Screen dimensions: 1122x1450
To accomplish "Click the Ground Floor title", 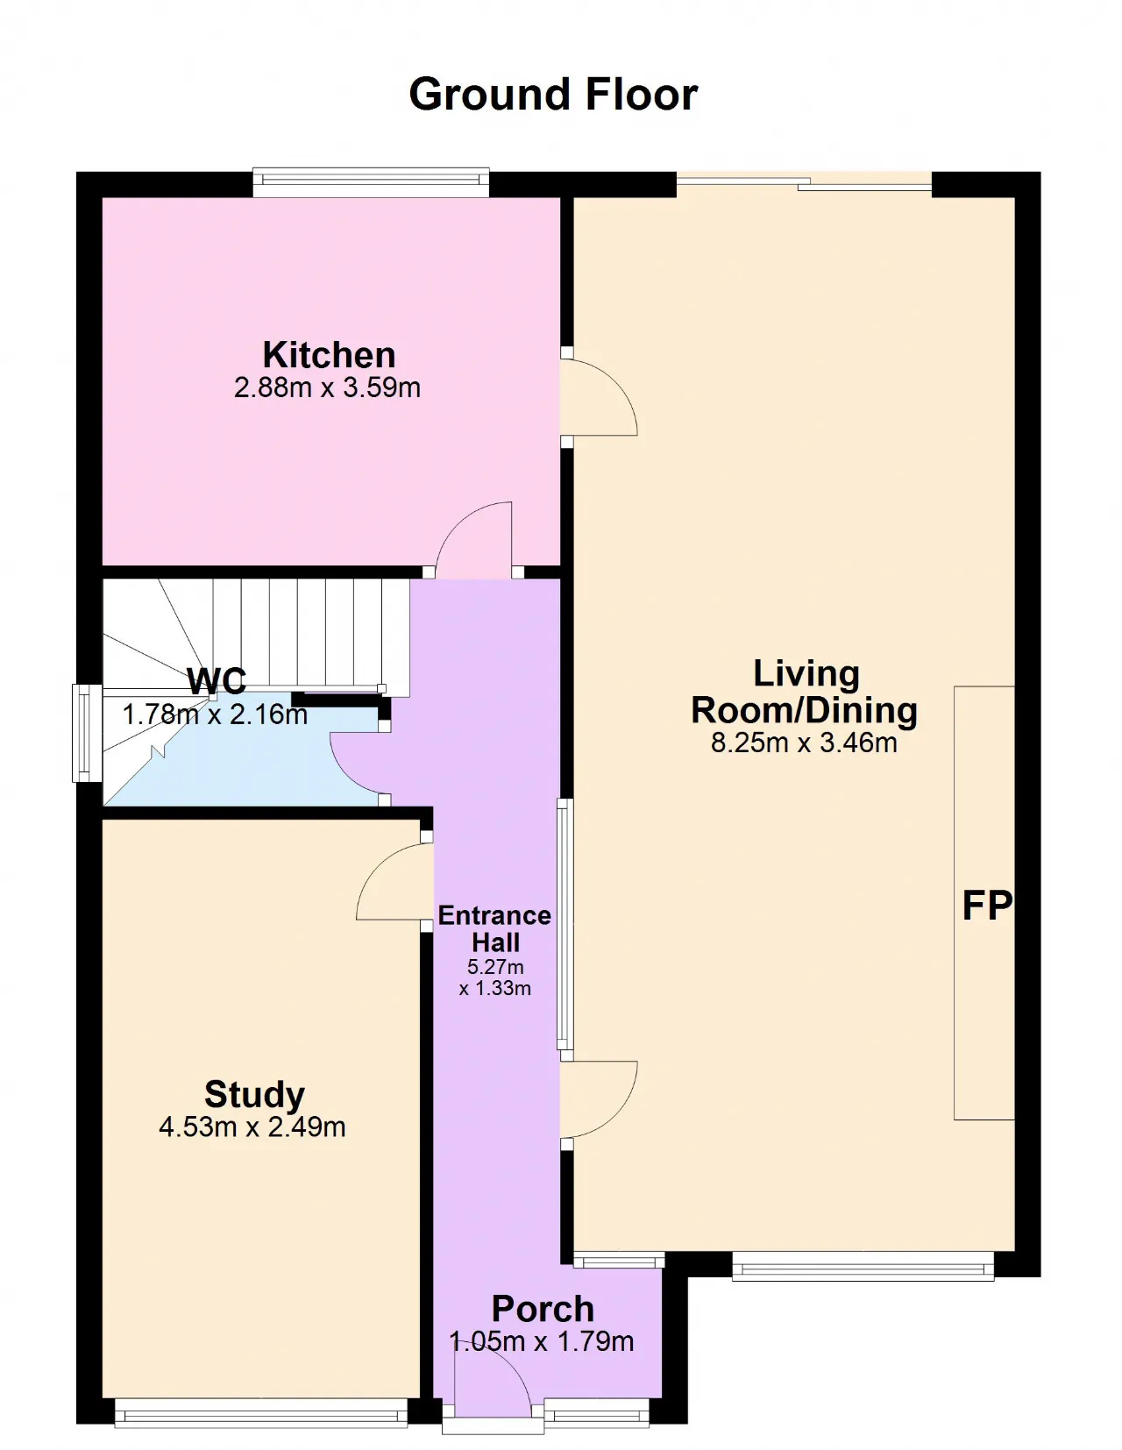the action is [553, 94].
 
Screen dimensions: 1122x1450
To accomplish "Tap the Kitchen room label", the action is [329, 354].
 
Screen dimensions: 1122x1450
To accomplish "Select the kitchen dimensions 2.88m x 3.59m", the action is [327, 387].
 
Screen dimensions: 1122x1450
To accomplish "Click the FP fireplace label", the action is [987, 906].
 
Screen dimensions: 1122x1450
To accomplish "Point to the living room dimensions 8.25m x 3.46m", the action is [804, 742].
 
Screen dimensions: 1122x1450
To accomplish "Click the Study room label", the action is [254, 1094].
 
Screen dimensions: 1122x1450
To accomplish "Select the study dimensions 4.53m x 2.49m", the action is [252, 1127].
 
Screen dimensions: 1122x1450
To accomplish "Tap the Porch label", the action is [543, 1309].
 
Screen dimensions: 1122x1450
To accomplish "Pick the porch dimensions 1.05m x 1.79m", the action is [541, 1340].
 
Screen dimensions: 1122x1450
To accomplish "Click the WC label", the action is [217, 681].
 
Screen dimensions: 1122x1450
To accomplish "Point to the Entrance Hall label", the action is [495, 929].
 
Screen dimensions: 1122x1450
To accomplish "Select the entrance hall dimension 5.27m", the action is [495, 967].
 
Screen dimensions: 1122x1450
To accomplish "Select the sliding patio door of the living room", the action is [804, 183].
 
